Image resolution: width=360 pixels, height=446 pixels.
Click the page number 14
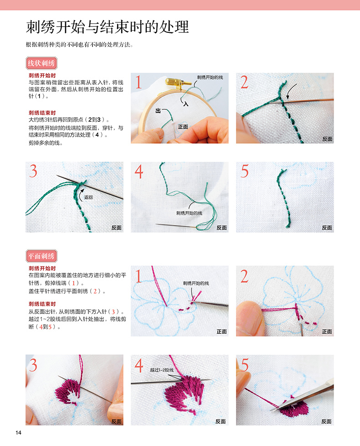(19, 433)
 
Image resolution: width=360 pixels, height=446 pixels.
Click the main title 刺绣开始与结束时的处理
(108, 27)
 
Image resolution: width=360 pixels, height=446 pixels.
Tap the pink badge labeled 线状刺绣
(41, 63)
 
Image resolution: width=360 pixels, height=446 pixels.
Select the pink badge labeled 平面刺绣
(41, 256)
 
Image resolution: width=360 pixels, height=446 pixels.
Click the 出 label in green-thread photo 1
(158, 111)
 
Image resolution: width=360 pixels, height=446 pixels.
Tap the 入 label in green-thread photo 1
(186, 104)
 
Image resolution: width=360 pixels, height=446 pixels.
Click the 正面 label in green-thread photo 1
(183, 127)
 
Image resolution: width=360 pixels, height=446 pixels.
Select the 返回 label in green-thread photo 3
(88, 197)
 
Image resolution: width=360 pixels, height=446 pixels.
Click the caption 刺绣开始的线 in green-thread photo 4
(189, 213)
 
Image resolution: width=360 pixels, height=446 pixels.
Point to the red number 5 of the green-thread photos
(245, 171)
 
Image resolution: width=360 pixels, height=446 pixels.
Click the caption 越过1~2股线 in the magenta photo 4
(162, 370)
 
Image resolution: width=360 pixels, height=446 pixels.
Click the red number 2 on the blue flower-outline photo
(244, 276)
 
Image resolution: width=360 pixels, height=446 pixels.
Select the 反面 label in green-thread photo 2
(327, 139)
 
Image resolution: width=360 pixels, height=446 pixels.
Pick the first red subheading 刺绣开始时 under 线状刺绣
(42, 75)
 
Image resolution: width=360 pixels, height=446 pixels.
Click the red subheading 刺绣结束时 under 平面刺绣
(42, 304)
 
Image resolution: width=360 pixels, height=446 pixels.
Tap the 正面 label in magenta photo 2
(327, 332)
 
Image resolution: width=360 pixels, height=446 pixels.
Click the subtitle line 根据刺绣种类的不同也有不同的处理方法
(80, 45)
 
